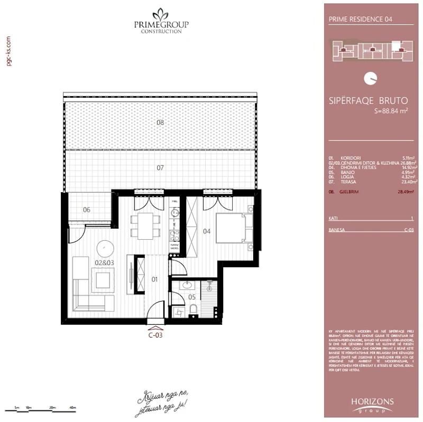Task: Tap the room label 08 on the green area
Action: (x=160, y=123)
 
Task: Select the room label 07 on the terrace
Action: (x=160, y=168)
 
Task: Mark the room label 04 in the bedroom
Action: (x=207, y=231)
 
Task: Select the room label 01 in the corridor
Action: (x=155, y=280)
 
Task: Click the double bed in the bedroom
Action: (x=233, y=228)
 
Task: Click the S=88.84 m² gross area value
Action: (x=391, y=110)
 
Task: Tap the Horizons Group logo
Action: (x=372, y=405)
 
